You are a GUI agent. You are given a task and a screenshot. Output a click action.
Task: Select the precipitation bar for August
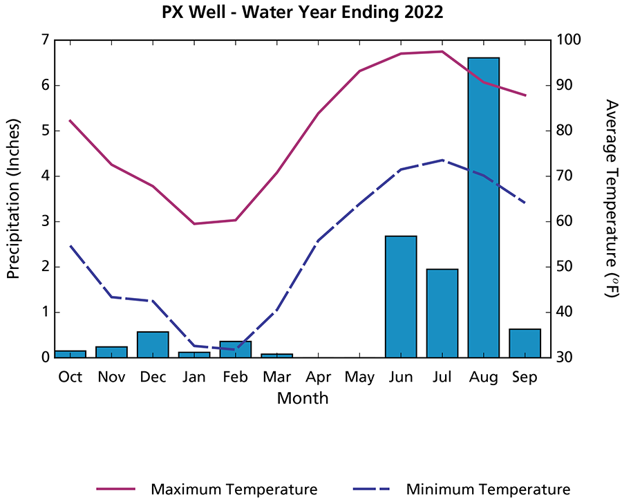point(483,207)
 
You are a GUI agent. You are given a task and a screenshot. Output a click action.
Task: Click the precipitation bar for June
point(401,297)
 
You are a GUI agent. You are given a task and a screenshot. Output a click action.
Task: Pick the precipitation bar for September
point(525,343)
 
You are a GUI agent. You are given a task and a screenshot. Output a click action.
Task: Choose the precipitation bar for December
point(153,344)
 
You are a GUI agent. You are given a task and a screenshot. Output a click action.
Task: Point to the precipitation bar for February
point(236,349)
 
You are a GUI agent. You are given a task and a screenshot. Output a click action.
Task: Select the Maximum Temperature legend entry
point(234,489)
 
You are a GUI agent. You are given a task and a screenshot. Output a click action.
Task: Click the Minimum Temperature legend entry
point(488,489)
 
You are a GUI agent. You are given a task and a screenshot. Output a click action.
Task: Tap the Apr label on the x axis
point(318,377)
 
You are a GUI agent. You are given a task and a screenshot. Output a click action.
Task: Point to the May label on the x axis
point(359,377)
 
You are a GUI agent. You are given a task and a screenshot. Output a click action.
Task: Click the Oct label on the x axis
point(70,377)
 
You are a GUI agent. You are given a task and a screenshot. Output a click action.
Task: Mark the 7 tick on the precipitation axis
point(46,40)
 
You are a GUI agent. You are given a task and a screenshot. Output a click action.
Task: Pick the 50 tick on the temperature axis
point(563,267)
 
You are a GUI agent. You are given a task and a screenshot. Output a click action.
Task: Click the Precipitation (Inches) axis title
point(13,198)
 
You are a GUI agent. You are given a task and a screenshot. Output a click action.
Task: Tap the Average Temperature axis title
point(610,198)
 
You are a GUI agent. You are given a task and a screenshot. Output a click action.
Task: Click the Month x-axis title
point(303,398)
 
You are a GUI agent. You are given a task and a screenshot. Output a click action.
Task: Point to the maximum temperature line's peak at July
point(442,51)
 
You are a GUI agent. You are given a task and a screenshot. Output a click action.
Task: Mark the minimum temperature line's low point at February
point(236,349)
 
